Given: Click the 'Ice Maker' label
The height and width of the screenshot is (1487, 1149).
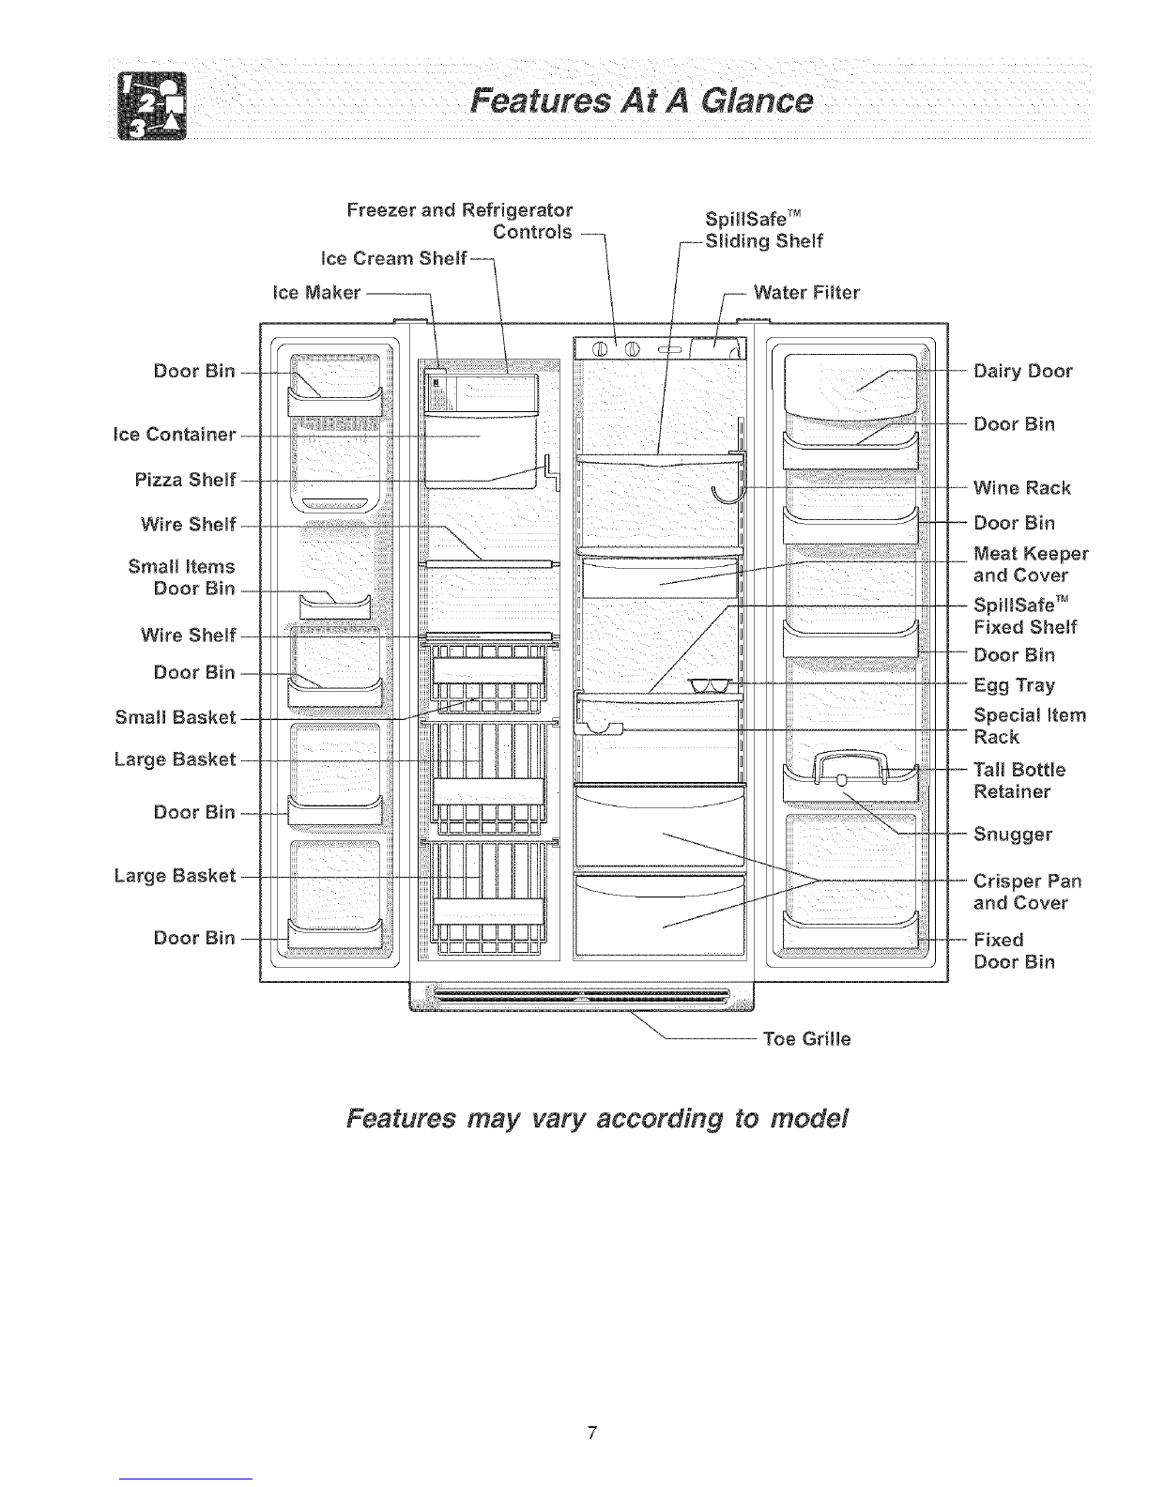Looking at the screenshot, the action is [316, 293].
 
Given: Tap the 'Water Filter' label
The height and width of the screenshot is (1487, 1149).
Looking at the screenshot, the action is [806, 293].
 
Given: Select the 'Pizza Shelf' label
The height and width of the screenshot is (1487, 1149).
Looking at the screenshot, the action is [186, 480].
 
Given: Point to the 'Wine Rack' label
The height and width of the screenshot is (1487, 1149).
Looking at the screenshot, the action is [1021, 488].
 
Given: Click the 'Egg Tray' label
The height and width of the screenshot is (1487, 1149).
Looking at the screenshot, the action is [1014, 685].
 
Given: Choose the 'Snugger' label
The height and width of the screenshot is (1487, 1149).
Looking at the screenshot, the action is [1013, 835].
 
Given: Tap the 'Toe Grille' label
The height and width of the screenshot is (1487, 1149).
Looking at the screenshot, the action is [806, 1039].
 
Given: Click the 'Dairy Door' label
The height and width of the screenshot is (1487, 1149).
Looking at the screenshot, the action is [1023, 372].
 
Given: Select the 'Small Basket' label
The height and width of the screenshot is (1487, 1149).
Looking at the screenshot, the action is [176, 717].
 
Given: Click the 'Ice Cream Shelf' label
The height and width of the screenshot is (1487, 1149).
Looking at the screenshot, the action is [393, 259].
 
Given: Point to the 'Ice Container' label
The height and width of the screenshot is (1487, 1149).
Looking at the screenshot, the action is [175, 435].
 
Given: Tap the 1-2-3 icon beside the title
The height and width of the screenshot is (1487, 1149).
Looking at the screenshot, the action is [152, 105].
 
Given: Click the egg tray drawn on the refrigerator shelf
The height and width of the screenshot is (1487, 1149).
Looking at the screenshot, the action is [711, 685].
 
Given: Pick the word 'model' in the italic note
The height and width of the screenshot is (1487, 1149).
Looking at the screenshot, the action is [809, 1118].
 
